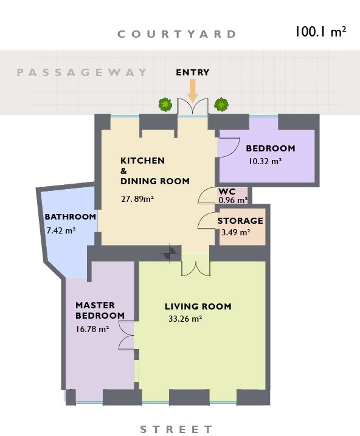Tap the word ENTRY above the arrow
point(193,72)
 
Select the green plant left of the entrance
point(165,105)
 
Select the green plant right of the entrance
point(221,105)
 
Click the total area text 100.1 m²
point(320,32)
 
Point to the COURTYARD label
point(177,34)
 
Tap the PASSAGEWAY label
point(81,72)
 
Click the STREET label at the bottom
point(176,429)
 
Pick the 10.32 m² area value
point(265,161)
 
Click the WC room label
point(227,192)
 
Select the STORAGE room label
point(240,221)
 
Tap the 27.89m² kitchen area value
point(137,199)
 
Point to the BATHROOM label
point(71,216)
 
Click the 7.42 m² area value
point(61,230)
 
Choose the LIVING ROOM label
point(198,306)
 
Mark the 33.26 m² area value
point(185,319)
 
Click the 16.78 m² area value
point(92,329)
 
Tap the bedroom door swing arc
point(233,150)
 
